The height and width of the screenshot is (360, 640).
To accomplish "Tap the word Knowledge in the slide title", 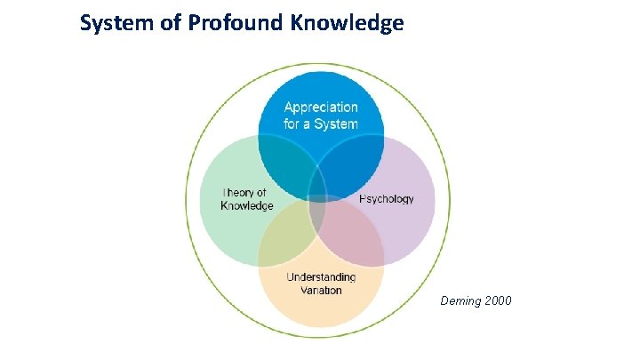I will (347, 23).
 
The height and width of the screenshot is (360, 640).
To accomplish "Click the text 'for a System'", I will (321, 124).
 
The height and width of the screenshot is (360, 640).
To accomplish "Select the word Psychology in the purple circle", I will (387, 199).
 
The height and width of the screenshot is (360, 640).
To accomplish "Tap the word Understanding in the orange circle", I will (321, 277).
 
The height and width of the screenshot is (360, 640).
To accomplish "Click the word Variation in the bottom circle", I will (321, 290).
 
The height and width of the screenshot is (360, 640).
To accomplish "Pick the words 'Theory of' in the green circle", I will (244, 192).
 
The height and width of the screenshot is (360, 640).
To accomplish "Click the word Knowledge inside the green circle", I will (247, 205).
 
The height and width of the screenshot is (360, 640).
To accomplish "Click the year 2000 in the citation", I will (498, 301).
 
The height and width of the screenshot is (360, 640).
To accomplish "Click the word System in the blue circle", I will (337, 124).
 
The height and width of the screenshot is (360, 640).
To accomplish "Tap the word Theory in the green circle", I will (236, 192).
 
